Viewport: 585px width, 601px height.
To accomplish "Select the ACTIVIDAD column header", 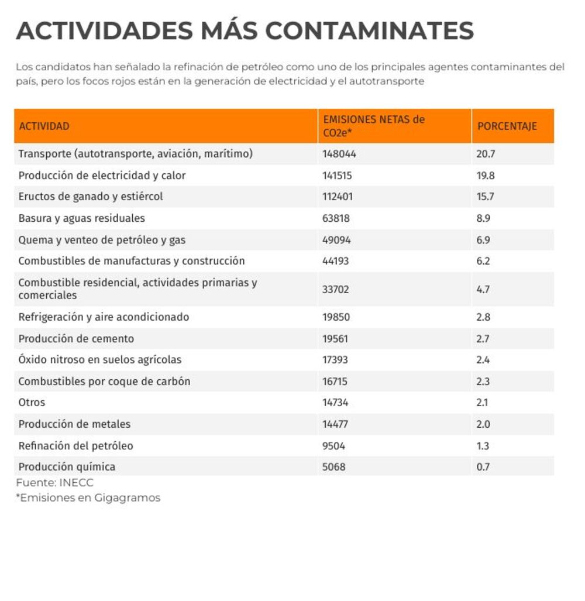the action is [44, 126].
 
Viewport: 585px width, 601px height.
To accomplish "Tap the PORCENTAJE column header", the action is [507, 126].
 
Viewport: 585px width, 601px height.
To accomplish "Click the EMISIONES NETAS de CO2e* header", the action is [374, 126].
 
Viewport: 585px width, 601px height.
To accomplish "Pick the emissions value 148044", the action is [339, 154].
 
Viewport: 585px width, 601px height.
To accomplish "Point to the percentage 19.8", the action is [486, 176].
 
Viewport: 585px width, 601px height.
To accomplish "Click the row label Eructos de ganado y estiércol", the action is [91, 197].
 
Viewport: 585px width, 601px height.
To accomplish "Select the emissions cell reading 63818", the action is [336, 218].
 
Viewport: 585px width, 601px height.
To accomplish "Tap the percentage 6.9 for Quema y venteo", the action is [483, 240].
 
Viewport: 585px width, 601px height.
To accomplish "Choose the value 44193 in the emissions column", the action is [336, 261].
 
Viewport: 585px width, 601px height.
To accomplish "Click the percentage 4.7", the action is [483, 290].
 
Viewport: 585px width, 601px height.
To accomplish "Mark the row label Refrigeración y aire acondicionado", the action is [104, 317].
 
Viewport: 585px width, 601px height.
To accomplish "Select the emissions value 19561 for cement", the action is [335, 339].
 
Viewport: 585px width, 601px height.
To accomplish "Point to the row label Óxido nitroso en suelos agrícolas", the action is [100, 360].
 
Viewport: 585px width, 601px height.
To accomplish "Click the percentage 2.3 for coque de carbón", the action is [483, 382].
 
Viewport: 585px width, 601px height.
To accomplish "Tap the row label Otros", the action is [32, 403].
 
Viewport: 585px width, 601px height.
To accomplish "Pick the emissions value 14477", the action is [335, 424].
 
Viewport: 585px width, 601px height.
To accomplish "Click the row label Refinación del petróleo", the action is [76, 446].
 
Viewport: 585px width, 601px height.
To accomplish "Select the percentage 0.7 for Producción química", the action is [483, 467].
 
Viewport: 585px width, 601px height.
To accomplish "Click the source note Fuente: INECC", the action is [55, 483].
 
